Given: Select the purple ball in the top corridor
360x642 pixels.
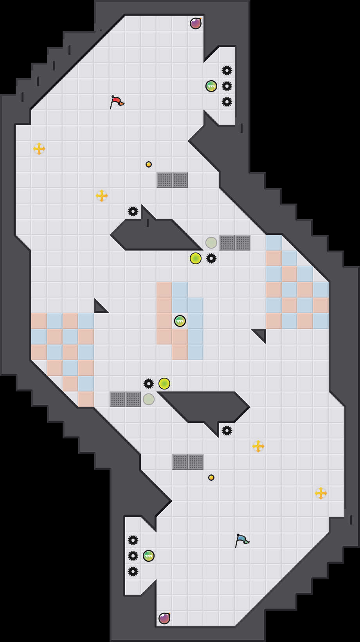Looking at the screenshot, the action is click(196, 23).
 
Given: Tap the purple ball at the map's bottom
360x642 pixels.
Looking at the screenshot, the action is click(164, 619).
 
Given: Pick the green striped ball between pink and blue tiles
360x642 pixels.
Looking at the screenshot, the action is click(180, 321).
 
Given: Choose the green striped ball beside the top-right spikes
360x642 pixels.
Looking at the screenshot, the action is click(211, 86).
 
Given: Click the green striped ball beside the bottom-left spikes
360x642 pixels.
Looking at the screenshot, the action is click(149, 556).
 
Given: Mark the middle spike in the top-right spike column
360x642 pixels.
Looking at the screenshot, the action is click(227, 86).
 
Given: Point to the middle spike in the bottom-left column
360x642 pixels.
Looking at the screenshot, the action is click(133, 556).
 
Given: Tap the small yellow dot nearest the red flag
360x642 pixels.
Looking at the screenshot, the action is click(149, 164).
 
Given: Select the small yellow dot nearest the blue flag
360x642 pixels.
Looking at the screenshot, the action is click(211, 478).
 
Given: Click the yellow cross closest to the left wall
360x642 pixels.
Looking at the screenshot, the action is click(39, 149).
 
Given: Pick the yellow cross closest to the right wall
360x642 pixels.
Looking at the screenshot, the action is click(321, 493).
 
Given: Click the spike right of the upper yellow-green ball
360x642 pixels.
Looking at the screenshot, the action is click(211, 258).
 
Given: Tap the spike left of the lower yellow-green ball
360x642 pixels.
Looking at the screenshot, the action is click(149, 384).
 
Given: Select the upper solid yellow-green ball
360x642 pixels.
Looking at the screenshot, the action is click(196, 258).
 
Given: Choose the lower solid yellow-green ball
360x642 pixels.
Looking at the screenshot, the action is click(164, 384).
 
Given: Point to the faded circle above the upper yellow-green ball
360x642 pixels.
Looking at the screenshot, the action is click(211, 243).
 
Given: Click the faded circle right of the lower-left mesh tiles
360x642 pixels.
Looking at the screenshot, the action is click(149, 399).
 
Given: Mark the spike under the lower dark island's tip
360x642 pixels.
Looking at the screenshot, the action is click(227, 431).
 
